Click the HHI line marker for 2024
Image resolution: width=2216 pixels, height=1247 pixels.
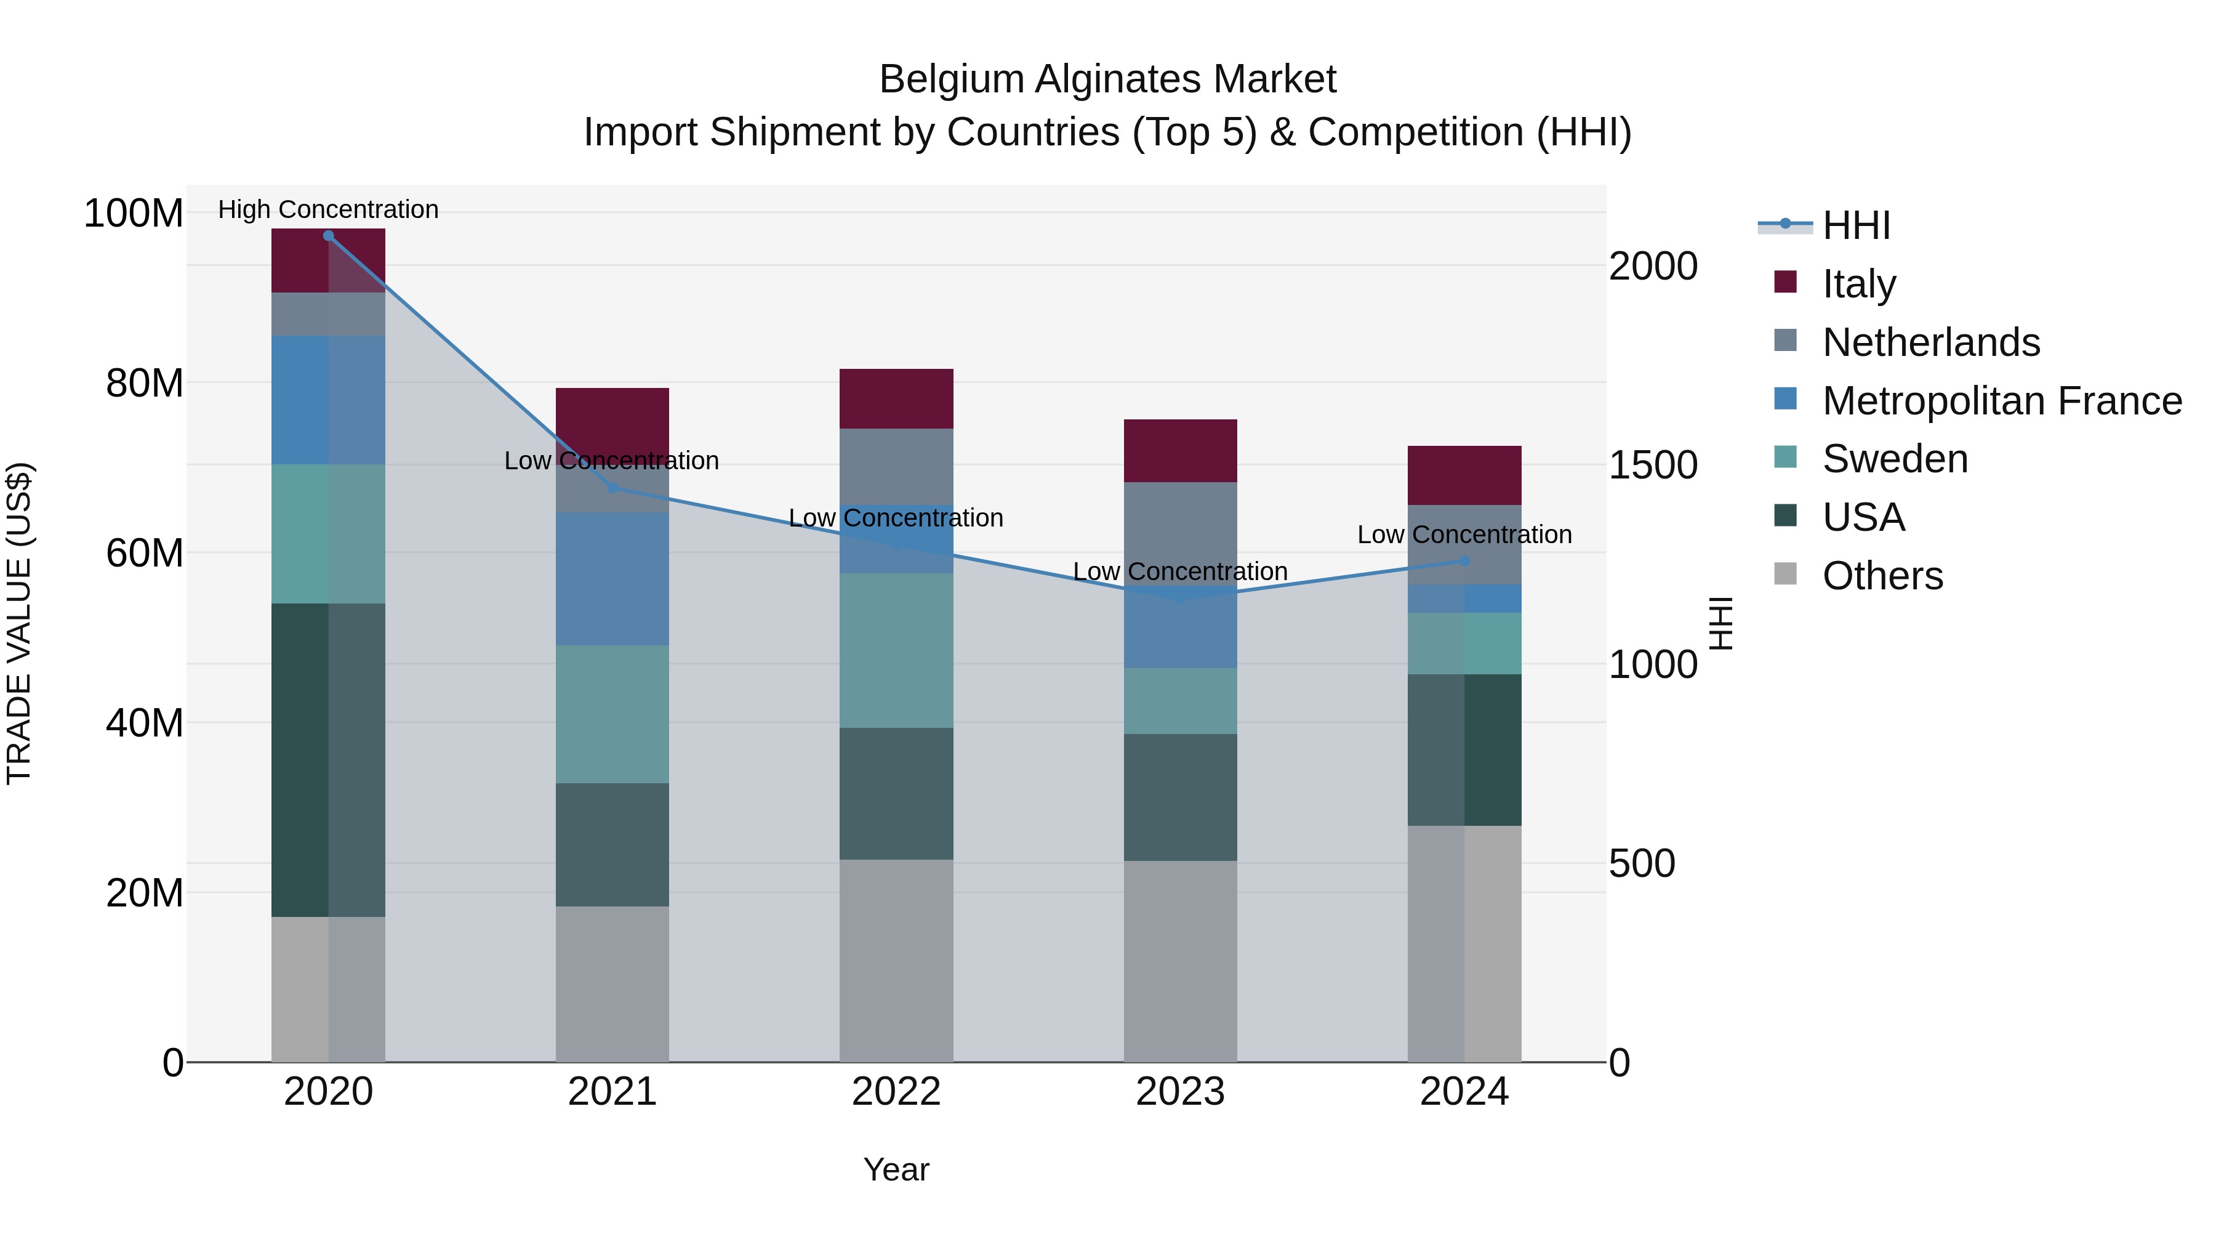click(x=1464, y=561)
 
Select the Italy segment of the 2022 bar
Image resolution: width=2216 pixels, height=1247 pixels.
click(x=896, y=398)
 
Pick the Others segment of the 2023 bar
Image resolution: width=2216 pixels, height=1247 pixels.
click(x=1179, y=961)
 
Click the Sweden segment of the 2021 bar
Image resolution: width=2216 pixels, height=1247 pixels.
click(x=612, y=714)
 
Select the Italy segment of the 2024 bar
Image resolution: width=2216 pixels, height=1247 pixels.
click(x=1464, y=475)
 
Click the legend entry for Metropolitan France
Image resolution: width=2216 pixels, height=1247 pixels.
click(x=2001, y=401)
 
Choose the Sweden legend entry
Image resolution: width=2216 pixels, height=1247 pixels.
click(x=1894, y=459)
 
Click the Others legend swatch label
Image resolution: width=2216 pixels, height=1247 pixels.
click(x=1882, y=576)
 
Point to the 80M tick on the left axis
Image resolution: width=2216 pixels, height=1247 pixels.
click(x=143, y=383)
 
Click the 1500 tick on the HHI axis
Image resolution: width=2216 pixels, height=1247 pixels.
click(x=1653, y=466)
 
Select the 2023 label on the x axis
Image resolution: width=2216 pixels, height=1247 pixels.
click(x=1179, y=1092)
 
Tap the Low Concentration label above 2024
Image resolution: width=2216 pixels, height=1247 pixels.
click(x=1464, y=535)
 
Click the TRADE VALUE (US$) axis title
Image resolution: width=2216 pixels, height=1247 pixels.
click(x=19, y=623)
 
